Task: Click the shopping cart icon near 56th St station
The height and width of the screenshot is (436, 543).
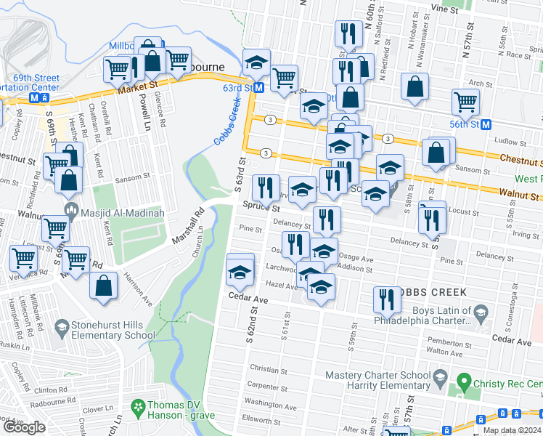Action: (465, 102)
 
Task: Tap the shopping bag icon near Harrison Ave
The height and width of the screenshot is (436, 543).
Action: (104, 285)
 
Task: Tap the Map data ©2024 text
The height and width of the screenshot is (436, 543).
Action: (511, 430)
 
